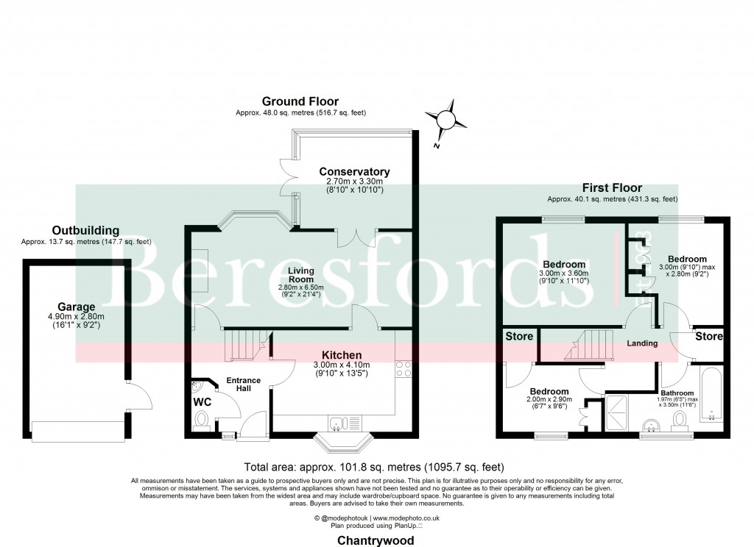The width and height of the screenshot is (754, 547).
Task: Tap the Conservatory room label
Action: tap(359, 172)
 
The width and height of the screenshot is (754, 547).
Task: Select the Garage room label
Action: tap(77, 307)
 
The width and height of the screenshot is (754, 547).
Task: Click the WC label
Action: tap(202, 403)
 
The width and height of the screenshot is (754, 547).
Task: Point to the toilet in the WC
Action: tap(202, 420)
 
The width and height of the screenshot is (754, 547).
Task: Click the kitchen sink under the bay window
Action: tap(339, 423)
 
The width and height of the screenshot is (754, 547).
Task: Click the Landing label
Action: tap(641, 343)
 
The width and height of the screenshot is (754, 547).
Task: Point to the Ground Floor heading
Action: tap(300, 101)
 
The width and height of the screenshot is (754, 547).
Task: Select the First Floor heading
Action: tap(612, 188)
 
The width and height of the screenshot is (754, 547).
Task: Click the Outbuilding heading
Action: tap(85, 231)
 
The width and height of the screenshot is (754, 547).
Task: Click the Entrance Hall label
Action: tap(243, 384)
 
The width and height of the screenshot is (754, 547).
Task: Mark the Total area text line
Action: tap(373, 467)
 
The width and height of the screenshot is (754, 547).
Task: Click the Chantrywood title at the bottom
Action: tap(375, 540)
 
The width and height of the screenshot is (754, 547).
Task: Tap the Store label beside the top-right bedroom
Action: tap(709, 337)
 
